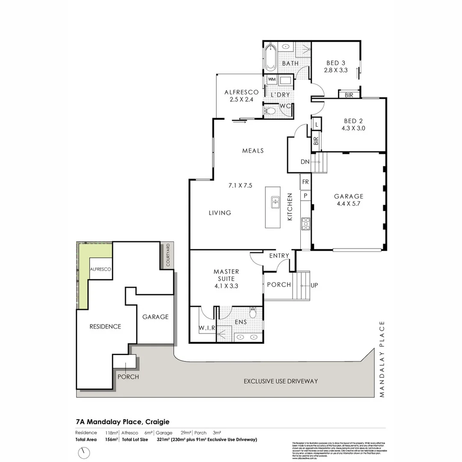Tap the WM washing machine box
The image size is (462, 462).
(271, 80)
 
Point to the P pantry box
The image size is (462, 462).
(305, 195)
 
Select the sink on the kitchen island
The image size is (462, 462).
(275, 203)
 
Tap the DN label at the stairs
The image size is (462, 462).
(304, 162)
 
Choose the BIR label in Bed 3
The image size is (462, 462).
(349, 95)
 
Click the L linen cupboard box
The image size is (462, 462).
(316, 124)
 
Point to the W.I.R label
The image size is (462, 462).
(206, 328)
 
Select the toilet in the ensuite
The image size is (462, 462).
(253, 313)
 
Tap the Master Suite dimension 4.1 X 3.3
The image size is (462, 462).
(226, 286)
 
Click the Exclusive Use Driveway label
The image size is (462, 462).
(281, 381)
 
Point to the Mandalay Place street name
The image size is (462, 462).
(382, 359)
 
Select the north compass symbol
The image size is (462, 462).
(85, 452)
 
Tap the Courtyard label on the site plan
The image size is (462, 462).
(168, 255)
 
